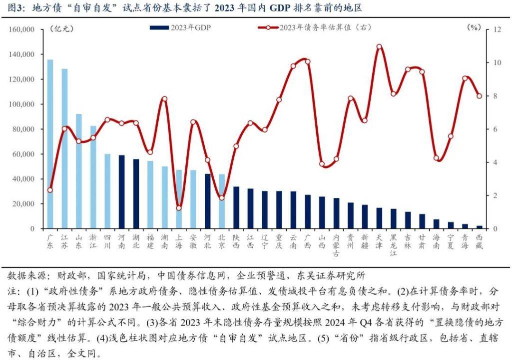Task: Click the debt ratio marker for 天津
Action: point(379,46)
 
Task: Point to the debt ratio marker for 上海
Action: point(179,208)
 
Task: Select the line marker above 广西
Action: point(308,61)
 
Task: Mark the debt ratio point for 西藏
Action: point(480,96)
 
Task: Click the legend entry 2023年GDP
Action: point(180,27)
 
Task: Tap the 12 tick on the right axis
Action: point(497,29)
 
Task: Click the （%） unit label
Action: point(473,27)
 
